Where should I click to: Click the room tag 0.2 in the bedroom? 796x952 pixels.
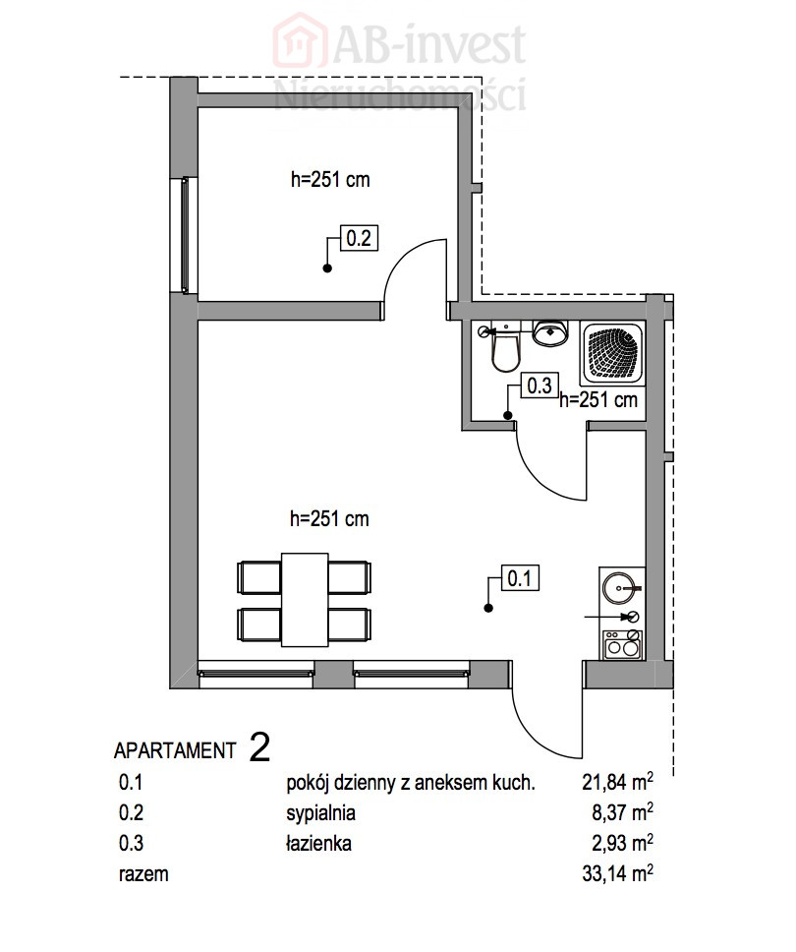[x=359, y=237]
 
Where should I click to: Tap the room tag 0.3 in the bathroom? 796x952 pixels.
[x=540, y=386]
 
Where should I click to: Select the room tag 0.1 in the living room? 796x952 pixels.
[x=519, y=578]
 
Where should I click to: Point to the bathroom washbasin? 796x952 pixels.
[x=550, y=332]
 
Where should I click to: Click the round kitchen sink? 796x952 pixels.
[x=618, y=588]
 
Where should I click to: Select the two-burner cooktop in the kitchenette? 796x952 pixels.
[x=622, y=644]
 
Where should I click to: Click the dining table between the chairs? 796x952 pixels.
[x=306, y=600]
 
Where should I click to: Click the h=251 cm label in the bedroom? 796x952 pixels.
[x=330, y=180]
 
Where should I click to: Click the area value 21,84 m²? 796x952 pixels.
[x=617, y=782]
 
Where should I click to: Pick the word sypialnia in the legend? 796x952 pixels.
[x=320, y=813]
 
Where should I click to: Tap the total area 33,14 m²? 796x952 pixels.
[x=617, y=873]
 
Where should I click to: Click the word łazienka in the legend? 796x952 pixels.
[x=318, y=843]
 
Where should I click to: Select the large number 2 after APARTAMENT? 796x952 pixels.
[x=259, y=747]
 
